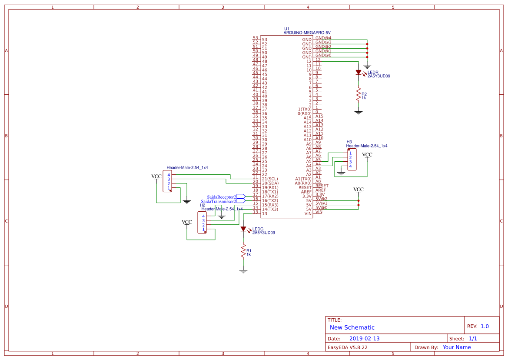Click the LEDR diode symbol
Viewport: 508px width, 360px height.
[359, 73]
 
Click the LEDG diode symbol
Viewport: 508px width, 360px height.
[243, 229]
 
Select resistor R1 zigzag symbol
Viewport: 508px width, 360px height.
[243, 252]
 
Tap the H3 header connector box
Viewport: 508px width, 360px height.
[352, 160]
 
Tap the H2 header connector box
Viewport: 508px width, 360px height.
[203, 223]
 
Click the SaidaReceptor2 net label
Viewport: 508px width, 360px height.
[221, 197]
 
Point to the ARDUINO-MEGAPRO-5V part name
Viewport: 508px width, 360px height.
[307, 33]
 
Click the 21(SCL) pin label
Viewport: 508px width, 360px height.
[269, 179]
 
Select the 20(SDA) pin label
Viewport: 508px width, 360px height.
[269, 183]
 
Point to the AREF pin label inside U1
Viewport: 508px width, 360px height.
[306, 192]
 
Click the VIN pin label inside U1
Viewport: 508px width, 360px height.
[308, 213]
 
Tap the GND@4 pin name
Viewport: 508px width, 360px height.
[323, 38]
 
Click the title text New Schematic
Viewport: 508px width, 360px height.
[352, 327]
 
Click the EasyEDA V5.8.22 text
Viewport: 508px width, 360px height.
[347, 347]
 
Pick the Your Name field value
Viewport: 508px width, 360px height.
[456, 347]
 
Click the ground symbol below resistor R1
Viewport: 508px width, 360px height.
[243, 271]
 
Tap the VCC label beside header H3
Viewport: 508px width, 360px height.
[367, 155]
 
